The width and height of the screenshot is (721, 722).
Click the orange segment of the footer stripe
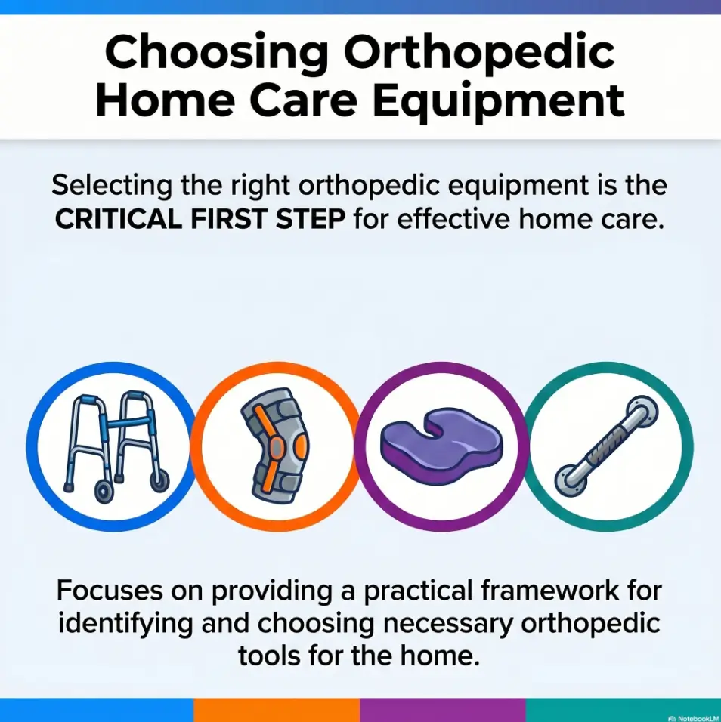click(x=277, y=710)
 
